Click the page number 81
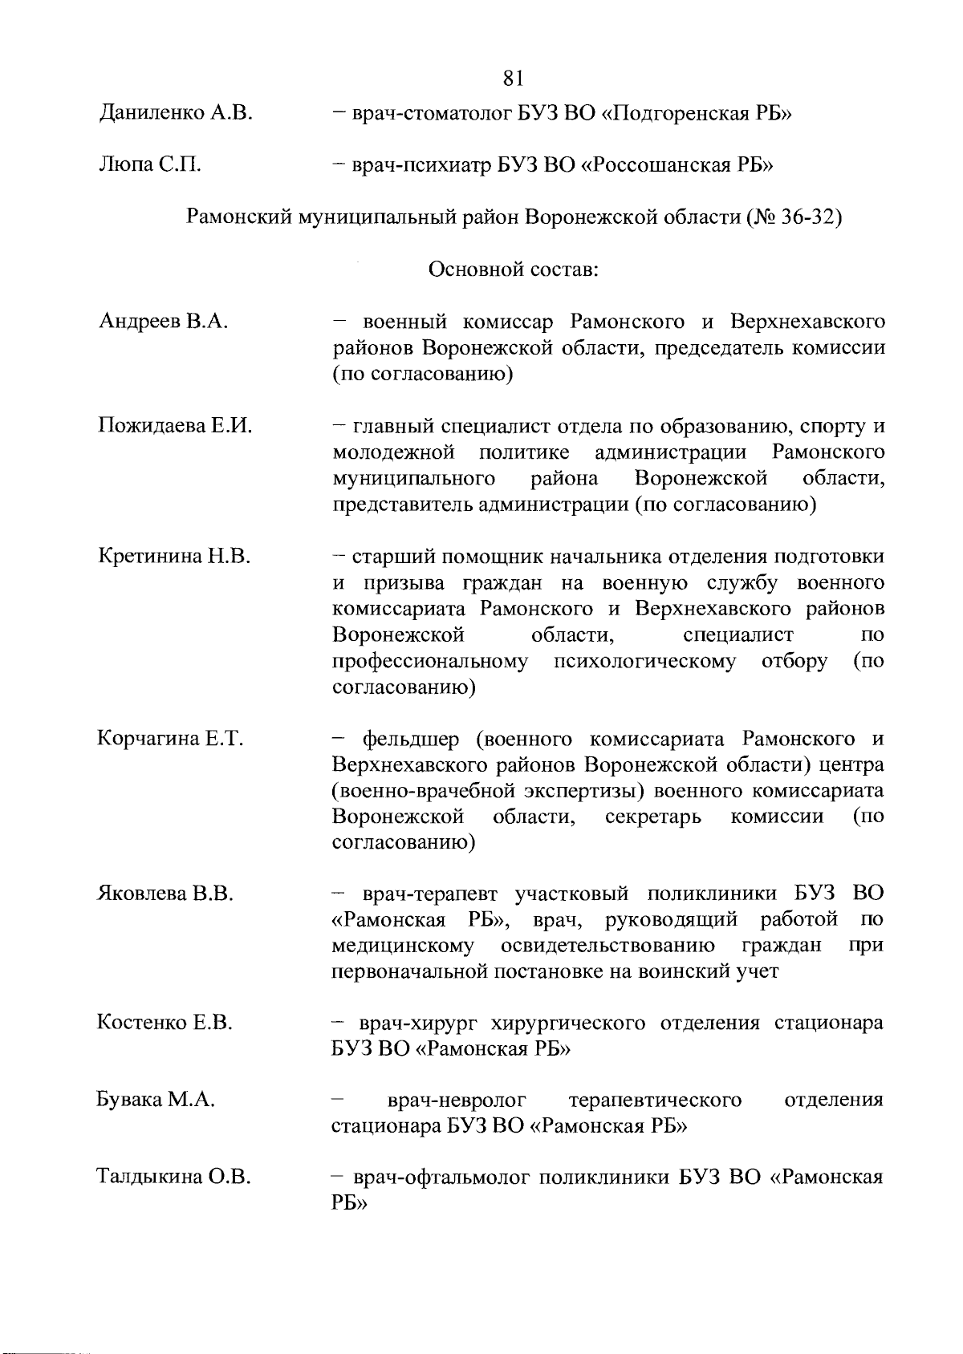click(x=513, y=78)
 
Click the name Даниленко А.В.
click(x=176, y=113)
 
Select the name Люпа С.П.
click(x=148, y=165)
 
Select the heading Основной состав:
click(x=514, y=270)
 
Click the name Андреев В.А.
click(x=164, y=322)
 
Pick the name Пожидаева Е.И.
click(x=175, y=426)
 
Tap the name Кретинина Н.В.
click(x=174, y=556)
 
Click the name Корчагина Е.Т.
click(x=170, y=738)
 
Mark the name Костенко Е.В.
click(x=165, y=1023)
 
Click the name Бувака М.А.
click(x=156, y=1100)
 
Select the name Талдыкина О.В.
click(x=174, y=1178)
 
